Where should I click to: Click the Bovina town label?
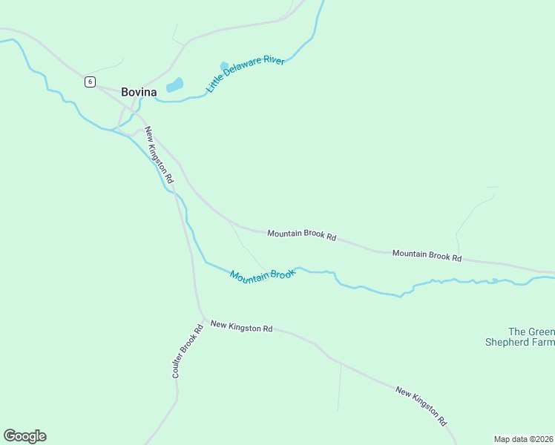pyautogui.click(x=139, y=92)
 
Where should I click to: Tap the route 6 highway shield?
pyautogui.click(x=89, y=82)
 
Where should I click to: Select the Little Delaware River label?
pyautogui.click(x=246, y=73)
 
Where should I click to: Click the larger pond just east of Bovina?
pyautogui.click(x=174, y=85)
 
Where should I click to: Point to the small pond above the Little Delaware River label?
pyautogui.click(x=224, y=66)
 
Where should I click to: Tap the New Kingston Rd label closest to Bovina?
pyautogui.click(x=159, y=155)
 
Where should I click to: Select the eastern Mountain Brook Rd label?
pyautogui.click(x=427, y=255)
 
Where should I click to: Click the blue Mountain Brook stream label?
pyautogui.click(x=263, y=274)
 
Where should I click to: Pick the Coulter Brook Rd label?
pyautogui.click(x=187, y=351)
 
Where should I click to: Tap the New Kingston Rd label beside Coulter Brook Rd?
pyautogui.click(x=241, y=326)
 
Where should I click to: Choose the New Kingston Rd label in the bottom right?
pyautogui.click(x=421, y=405)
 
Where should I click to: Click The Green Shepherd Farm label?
pyautogui.click(x=520, y=337)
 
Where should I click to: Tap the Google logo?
pyautogui.click(x=24, y=436)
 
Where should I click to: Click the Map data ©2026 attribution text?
pyautogui.click(x=524, y=439)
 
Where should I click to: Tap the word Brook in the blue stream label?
pyautogui.click(x=283, y=272)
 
